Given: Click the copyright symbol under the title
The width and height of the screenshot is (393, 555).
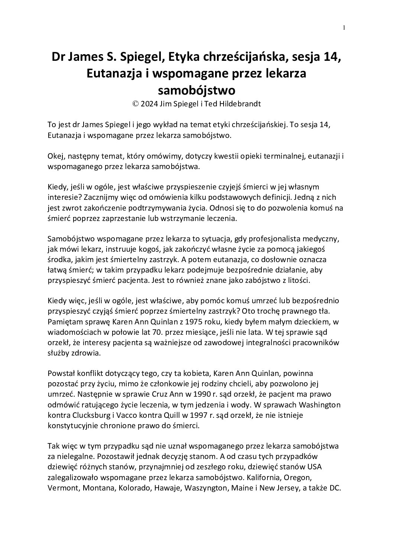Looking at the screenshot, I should (136, 104).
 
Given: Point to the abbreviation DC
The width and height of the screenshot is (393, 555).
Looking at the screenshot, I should (335, 489).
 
